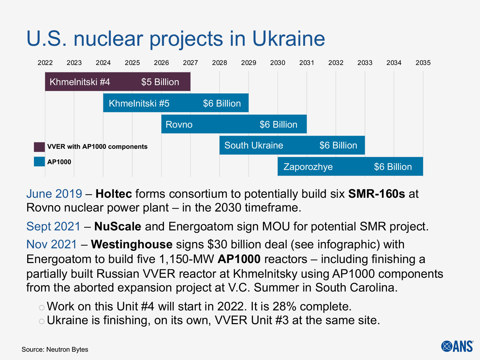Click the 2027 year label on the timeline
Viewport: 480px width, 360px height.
pos(190,63)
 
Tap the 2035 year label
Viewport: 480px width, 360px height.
pos(423,63)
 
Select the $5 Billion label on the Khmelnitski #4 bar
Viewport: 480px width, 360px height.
pos(160,82)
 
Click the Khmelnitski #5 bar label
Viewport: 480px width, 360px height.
pos(139,103)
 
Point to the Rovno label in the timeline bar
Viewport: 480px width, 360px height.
pos(179,124)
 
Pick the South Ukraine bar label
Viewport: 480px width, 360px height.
pos(253,145)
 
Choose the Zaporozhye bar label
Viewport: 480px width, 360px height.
pos(308,167)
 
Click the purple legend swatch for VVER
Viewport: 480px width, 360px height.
pos(39,147)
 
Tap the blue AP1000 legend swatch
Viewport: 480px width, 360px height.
pos(39,162)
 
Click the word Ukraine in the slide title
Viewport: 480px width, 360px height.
pos(288,39)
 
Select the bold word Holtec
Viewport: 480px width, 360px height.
pos(114,194)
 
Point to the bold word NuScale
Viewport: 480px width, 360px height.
pos(118,227)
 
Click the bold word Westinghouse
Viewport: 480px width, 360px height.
pos(132,244)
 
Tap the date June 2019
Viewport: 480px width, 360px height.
pos(54,194)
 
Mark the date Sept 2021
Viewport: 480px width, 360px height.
pos(53,227)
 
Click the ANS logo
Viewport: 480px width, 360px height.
pos(457,346)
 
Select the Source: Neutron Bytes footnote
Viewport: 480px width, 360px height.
pos(55,349)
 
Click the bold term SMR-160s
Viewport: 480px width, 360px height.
pos(376,194)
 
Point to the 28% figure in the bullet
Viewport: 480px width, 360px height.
pos(284,307)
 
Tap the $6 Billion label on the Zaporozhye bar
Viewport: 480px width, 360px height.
pos(393,167)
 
